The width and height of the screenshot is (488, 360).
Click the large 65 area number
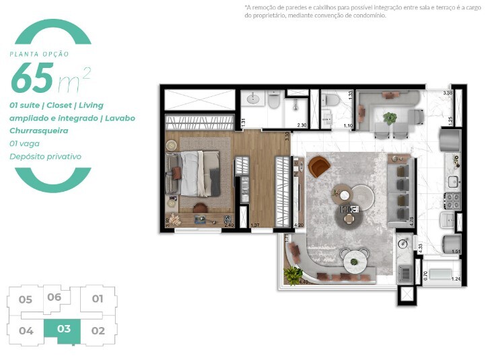point(32,79)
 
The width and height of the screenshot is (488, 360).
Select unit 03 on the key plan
point(64,330)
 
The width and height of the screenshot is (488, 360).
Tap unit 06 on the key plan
point(55,297)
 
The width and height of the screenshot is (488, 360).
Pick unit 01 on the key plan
point(98,299)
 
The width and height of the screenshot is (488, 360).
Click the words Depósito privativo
point(45,156)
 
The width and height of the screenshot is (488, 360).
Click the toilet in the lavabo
point(329,101)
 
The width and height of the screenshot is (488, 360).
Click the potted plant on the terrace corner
point(293,275)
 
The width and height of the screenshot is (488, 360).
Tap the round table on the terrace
point(353,258)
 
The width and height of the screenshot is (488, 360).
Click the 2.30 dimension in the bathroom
point(302,125)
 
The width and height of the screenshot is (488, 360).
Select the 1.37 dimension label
point(255,225)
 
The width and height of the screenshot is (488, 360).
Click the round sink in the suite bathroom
point(253,100)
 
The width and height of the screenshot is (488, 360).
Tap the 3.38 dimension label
point(448,93)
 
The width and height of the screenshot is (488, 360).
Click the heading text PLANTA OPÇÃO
point(39,54)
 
